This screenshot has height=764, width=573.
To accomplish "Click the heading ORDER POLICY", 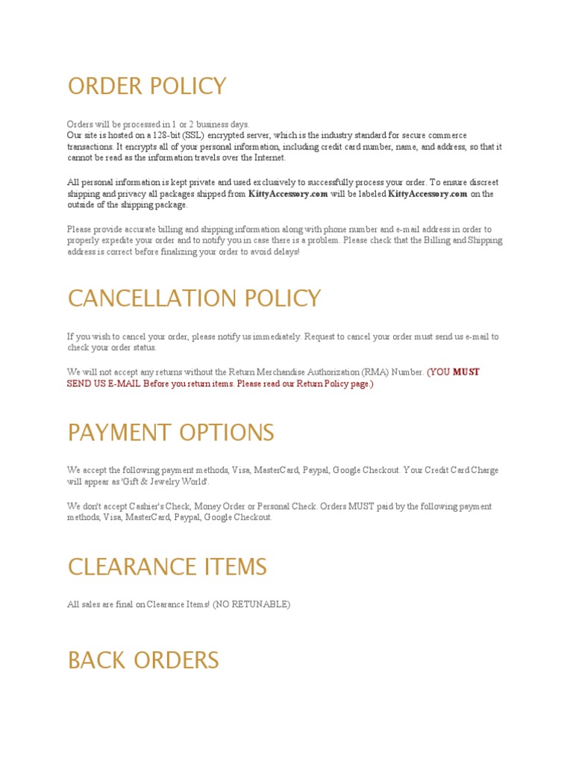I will (147, 87).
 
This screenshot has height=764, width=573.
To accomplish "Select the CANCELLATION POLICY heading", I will (194, 298).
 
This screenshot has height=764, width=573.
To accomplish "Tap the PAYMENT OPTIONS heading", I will (171, 433).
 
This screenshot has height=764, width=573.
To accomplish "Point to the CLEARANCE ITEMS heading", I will (167, 567).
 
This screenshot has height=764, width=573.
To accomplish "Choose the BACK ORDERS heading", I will (143, 660).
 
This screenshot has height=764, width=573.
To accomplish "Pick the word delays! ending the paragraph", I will (284, 252).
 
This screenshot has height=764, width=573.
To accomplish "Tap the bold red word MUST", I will (466, 372).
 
